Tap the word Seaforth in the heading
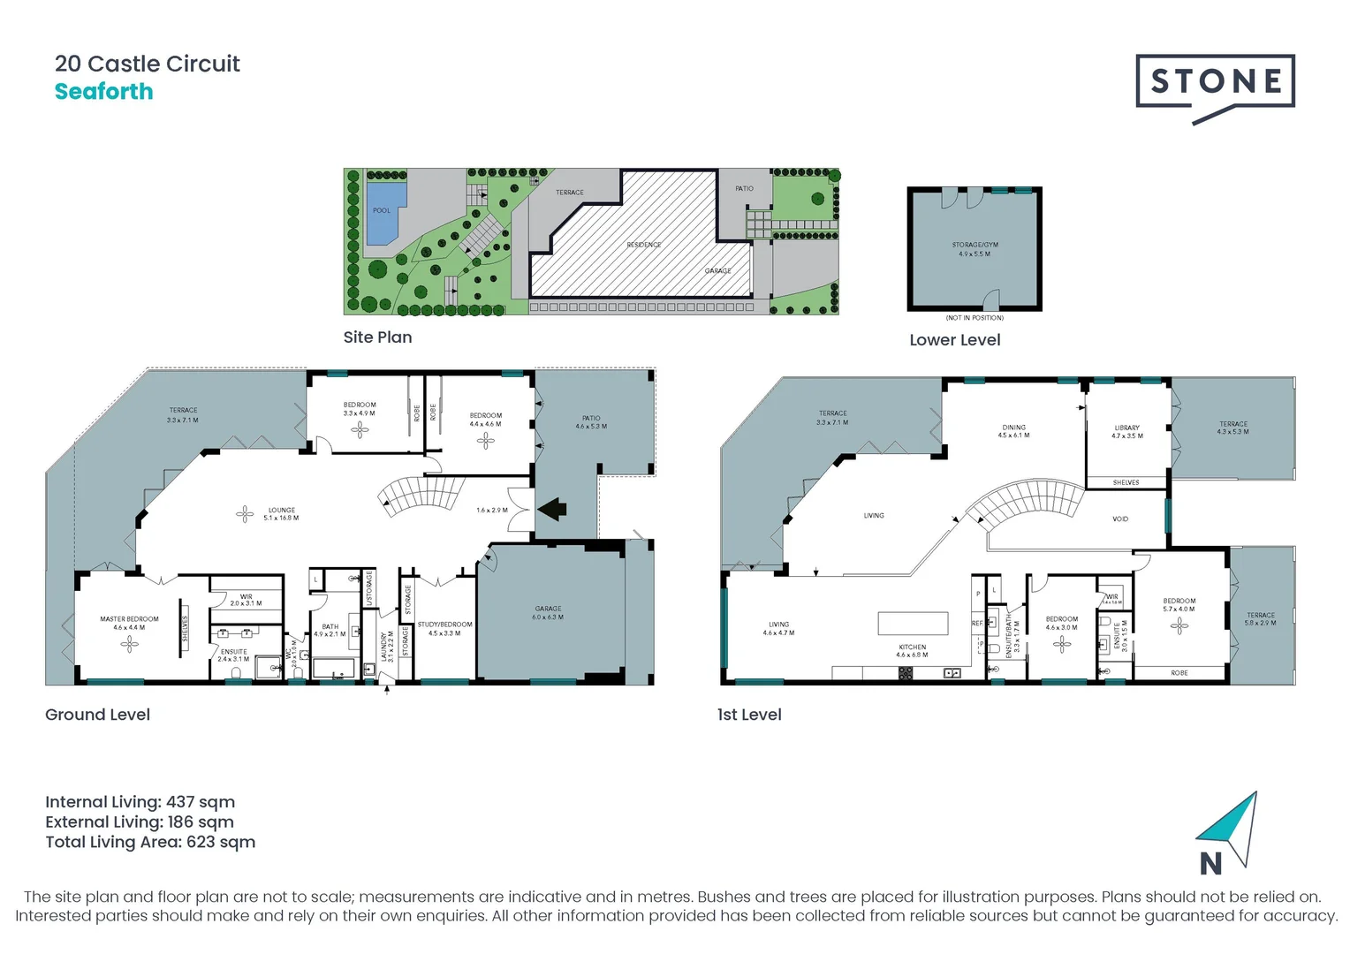(103, 92)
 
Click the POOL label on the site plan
(381, 210)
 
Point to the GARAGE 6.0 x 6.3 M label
(548, 612)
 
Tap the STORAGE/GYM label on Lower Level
(975, 249)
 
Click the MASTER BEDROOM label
(129, 623)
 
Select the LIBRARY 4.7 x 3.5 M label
(1126, 431)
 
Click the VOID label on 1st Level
(1119, 519)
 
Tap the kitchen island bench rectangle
(913, 623)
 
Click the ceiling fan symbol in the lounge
(245, 513)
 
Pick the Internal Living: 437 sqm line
(140, 802)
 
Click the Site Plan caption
(377, 337)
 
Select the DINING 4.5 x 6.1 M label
(1013, 431)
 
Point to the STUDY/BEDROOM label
(444, 628)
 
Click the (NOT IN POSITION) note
(975, 318)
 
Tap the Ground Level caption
(97, 715)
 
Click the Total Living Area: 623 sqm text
(150, 842)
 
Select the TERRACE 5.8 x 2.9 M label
(1260, 618)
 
